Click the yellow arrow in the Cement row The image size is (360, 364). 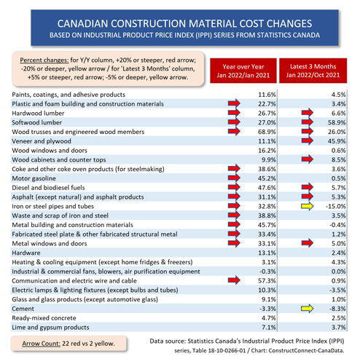click(x=307, y=309)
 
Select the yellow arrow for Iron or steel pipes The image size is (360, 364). click(x=307, y=206)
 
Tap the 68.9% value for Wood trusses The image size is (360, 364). click(x=267, y=132)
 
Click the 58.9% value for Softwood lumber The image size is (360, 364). click(x=337, y=122)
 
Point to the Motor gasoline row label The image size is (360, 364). click(x=34, y=178)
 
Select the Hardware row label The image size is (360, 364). click(x=26, y=253)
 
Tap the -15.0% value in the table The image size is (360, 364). click(x=336, y=206)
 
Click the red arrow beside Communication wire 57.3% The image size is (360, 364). click(x=234, y=280)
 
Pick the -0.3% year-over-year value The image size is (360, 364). click(x=267, y=272)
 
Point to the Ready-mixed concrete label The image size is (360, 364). click(x=44, y=318)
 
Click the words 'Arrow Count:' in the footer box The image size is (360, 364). click(x=41, y=344)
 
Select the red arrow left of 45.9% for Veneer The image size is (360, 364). click(x=308, y=141)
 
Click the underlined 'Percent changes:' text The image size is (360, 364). click(x=44, y=60)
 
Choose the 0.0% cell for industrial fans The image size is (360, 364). click(x=339, y=272)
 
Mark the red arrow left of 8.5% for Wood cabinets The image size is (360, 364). click(x=308, y=159)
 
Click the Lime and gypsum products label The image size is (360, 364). click(x=50, y=328)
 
